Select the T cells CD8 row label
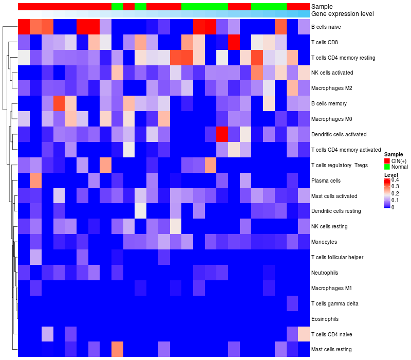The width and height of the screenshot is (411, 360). point(328,42)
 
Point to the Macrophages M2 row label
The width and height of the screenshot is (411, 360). point(332,88)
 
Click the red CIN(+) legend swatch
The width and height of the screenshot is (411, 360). point(387,161)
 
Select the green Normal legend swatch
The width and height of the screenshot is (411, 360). point(387,167)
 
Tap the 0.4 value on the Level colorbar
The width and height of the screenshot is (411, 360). point(395,179)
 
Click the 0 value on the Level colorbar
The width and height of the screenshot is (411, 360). point(393,207)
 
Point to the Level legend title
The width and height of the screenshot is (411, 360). point(391,175)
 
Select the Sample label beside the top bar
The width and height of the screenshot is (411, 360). point(321,6)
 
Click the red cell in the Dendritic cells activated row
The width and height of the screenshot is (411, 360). point(222,135)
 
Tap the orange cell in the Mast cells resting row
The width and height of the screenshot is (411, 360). point(117,350)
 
